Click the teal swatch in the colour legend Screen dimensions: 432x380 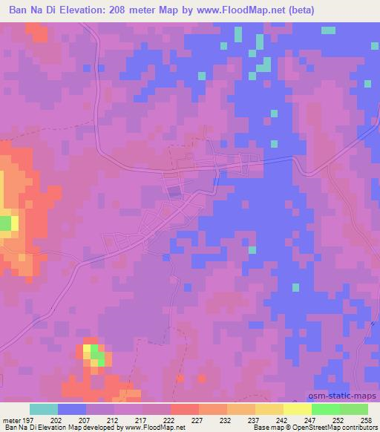tap(44, 409)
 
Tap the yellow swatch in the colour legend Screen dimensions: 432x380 tap(297, 409)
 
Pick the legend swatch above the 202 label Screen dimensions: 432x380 tap(72, 409)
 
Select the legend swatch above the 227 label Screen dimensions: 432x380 tap(184, 409)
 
